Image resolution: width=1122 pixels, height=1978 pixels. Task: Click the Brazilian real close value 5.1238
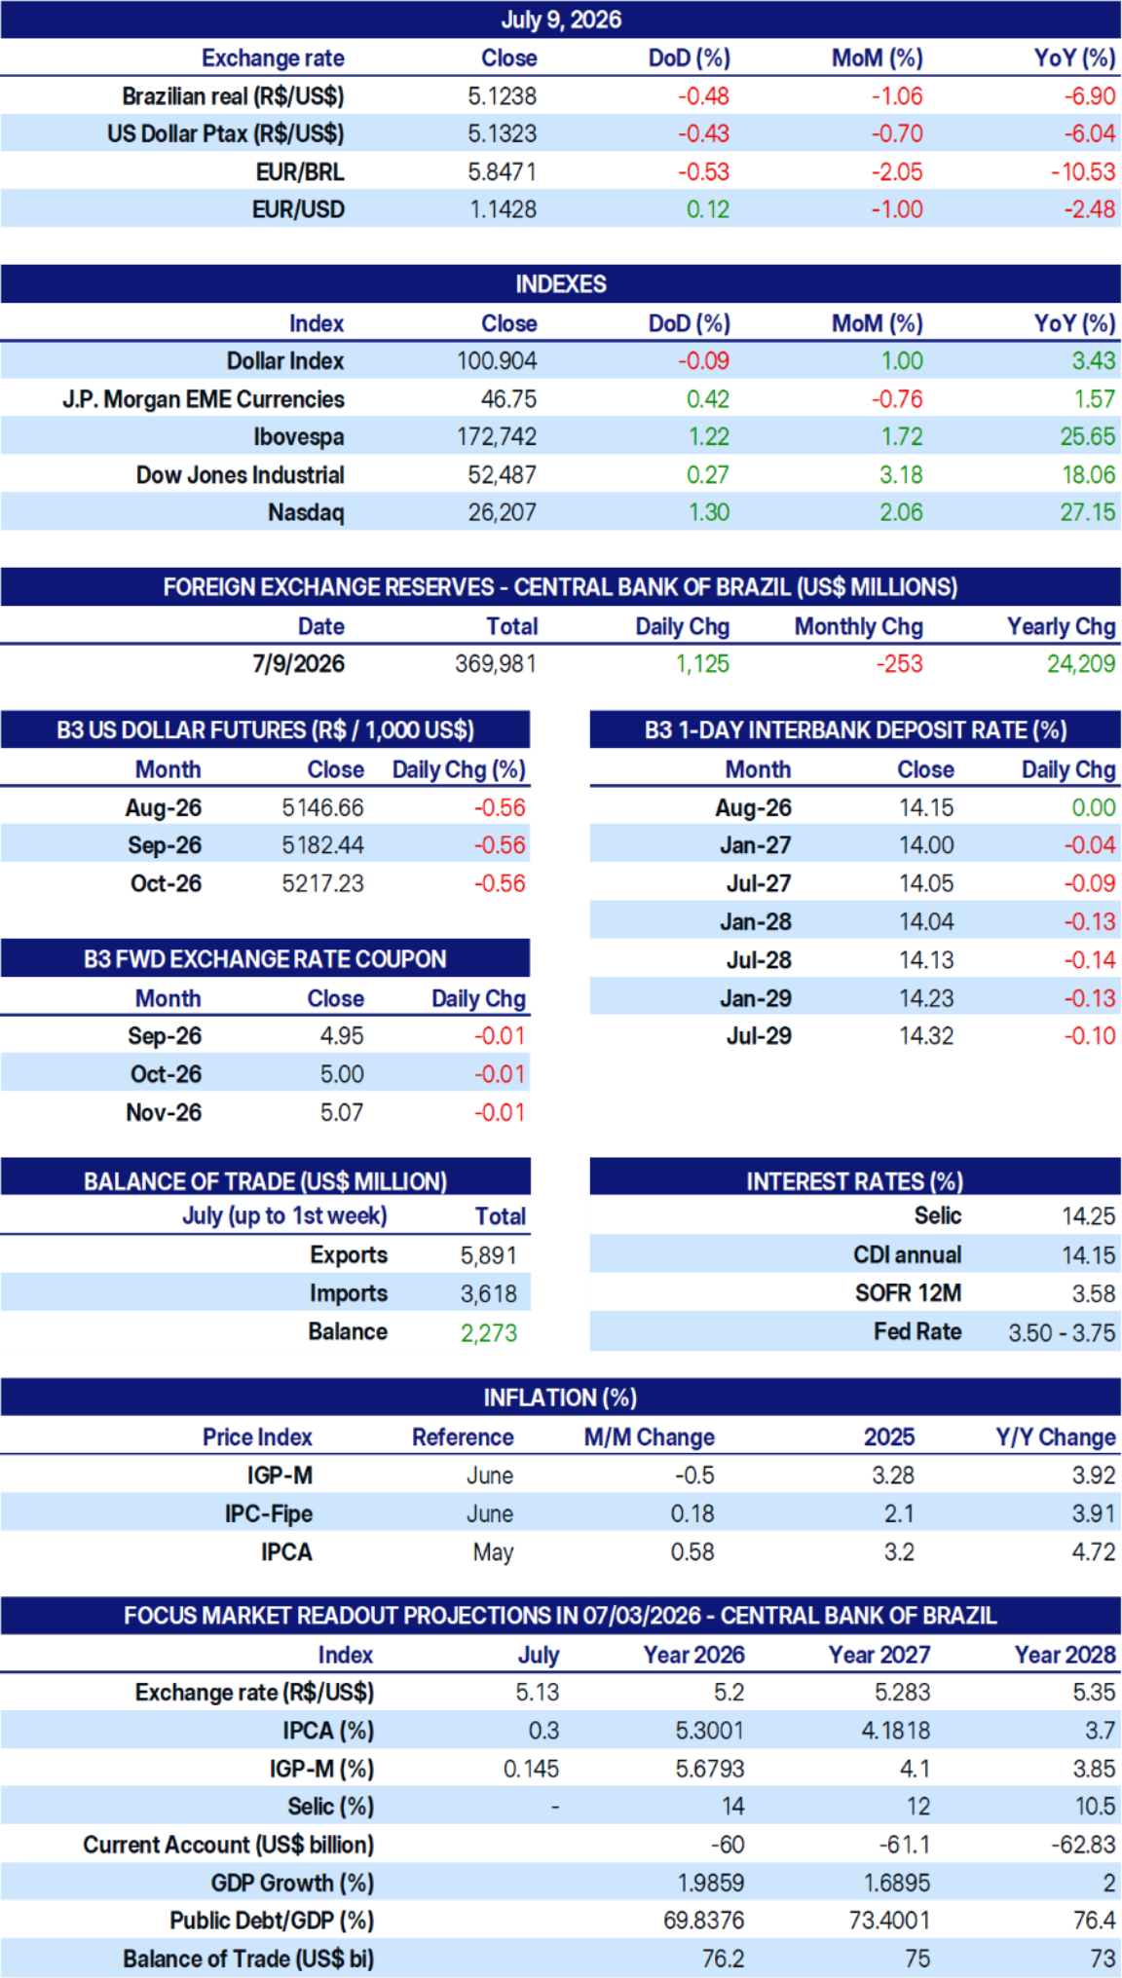(x=502, y=96)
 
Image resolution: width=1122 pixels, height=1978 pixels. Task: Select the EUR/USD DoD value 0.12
(x=708, y=209)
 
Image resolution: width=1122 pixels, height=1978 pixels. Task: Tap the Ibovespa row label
(x=299, y=437)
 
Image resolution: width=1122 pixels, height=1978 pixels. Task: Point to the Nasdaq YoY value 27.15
(x=1088, y=512)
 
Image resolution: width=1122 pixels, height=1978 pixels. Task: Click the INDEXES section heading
(x=561, y=284)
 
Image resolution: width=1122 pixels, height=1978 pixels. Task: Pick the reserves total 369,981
(x=496, y=664)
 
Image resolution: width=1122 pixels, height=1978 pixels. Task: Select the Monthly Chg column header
(x=859, y=627)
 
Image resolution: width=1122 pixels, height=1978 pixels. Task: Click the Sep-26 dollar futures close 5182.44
(x=323, y=845)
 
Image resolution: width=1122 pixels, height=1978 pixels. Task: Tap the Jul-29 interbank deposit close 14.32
(x=926, y=1036)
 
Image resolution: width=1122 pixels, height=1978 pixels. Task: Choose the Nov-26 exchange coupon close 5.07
(x=342, y=1112)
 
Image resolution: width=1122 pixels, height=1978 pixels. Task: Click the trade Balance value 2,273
(x=489, y=1332)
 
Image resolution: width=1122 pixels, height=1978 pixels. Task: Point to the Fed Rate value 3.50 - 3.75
(x=1062, y=1332)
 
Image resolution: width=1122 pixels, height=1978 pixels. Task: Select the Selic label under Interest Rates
(x=938, y=1216)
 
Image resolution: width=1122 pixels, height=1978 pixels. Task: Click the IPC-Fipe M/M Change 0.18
(x=692, y=1514)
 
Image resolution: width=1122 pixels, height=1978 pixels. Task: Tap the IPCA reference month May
(x=493, y=1552)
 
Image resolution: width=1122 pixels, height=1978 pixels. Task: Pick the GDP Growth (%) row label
(x=292, y=1884)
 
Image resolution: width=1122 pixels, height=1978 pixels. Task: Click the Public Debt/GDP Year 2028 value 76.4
(x=1095, y=1921)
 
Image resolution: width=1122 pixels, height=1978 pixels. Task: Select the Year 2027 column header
(x=879, y=1655)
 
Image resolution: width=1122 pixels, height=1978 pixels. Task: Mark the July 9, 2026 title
(x=561, y=19)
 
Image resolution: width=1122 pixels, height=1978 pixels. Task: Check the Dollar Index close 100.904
(x=497, y=361)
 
